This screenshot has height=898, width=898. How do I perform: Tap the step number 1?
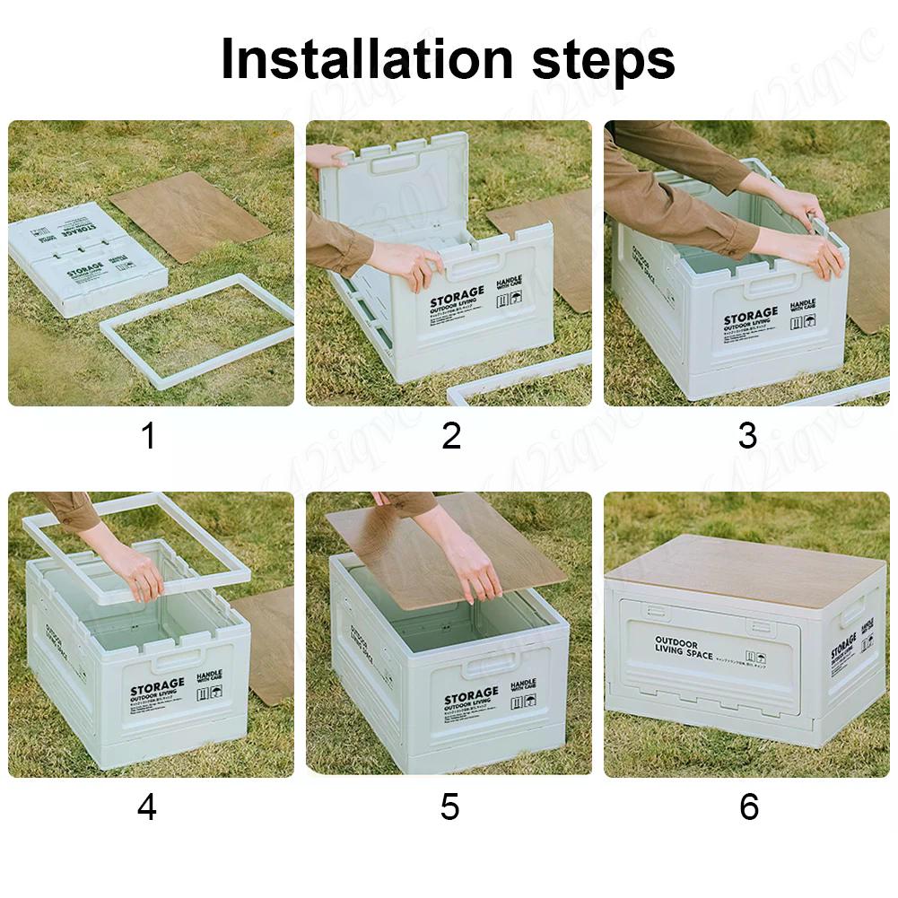148,436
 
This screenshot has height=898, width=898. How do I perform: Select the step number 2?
451,436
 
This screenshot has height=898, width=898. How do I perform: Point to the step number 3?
747,436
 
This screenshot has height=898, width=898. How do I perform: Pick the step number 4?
147,806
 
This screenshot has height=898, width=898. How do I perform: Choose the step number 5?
450,806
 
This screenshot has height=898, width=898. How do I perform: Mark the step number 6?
748,806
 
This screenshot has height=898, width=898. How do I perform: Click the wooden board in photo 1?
189,214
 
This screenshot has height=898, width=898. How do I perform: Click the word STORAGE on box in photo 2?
457,297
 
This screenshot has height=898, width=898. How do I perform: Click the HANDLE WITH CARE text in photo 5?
523,686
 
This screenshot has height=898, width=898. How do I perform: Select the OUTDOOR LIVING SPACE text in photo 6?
684,648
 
